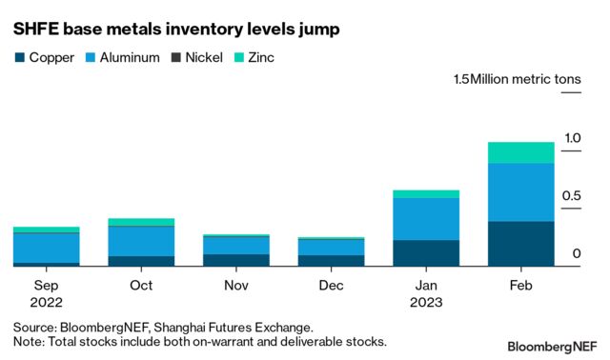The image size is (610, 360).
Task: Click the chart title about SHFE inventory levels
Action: (x=176, y=30)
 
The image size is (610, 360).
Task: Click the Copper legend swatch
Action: (x=19, y=58)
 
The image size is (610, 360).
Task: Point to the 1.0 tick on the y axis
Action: (x=571, y=139)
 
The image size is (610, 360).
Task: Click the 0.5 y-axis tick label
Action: (x=571, y=197)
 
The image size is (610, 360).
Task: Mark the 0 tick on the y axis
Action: (x=577, y=254)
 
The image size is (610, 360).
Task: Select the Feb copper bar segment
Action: (x=521, y=244)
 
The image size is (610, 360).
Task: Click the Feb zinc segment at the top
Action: (x=521, y=152)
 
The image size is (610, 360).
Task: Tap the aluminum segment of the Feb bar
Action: (x=521, y=192)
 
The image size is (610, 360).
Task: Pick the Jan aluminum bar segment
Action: (x=426, y=219)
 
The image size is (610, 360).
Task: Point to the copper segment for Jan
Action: (x=426, y=253)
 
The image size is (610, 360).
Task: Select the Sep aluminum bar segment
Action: (x=46, y=248)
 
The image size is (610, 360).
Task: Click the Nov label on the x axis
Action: (x=236, y=286)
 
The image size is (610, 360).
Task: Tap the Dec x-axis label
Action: (x=331, y=286)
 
